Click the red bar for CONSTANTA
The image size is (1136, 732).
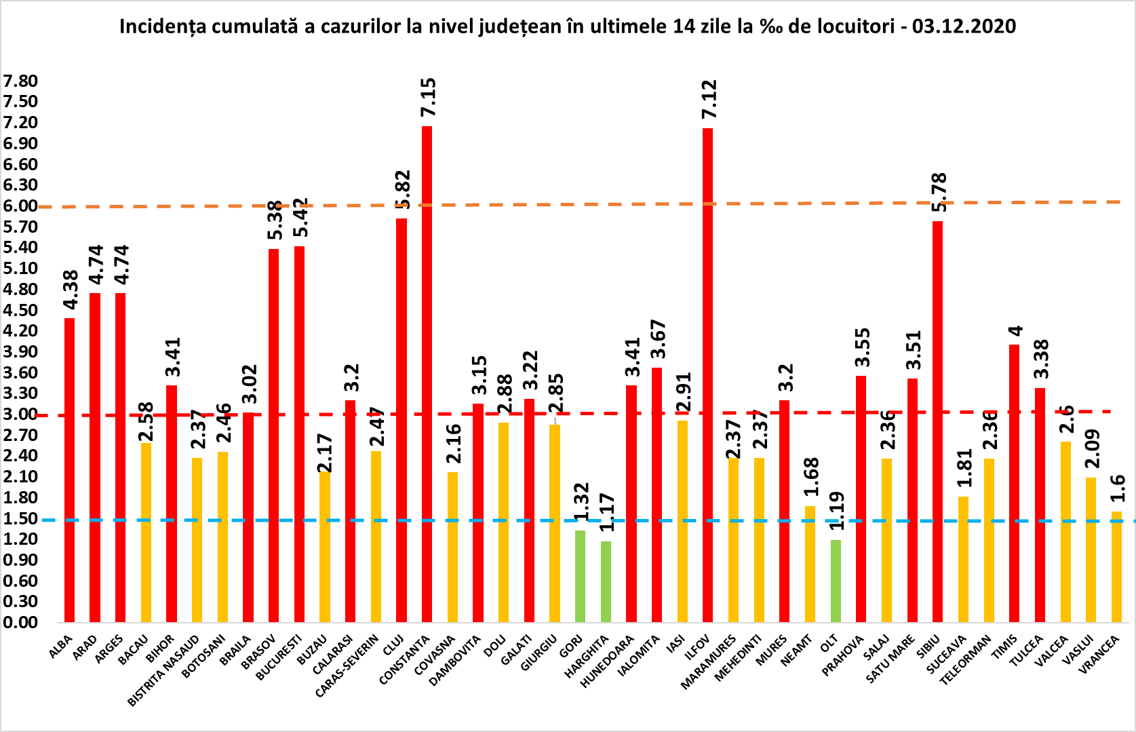click(427, 373)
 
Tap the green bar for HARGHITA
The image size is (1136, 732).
click(606, 581)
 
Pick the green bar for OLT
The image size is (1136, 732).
click(836, 581)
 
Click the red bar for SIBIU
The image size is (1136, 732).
click(937, 421)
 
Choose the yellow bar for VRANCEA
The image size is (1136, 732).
click(1116, 566)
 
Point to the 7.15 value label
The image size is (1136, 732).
click(428, 98)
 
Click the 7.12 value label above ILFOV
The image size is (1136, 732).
click(709, 99)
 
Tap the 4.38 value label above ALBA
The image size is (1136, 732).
click(71, 290)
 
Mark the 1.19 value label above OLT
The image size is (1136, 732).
click(837, 510)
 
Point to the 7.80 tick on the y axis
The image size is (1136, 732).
click(20, 81)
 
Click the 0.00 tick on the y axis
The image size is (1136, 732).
click(20, 622)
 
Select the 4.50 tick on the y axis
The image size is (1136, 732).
click(20, 310)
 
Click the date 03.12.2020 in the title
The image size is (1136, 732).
click(964, 26)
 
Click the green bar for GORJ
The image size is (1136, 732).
click(580, 576)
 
